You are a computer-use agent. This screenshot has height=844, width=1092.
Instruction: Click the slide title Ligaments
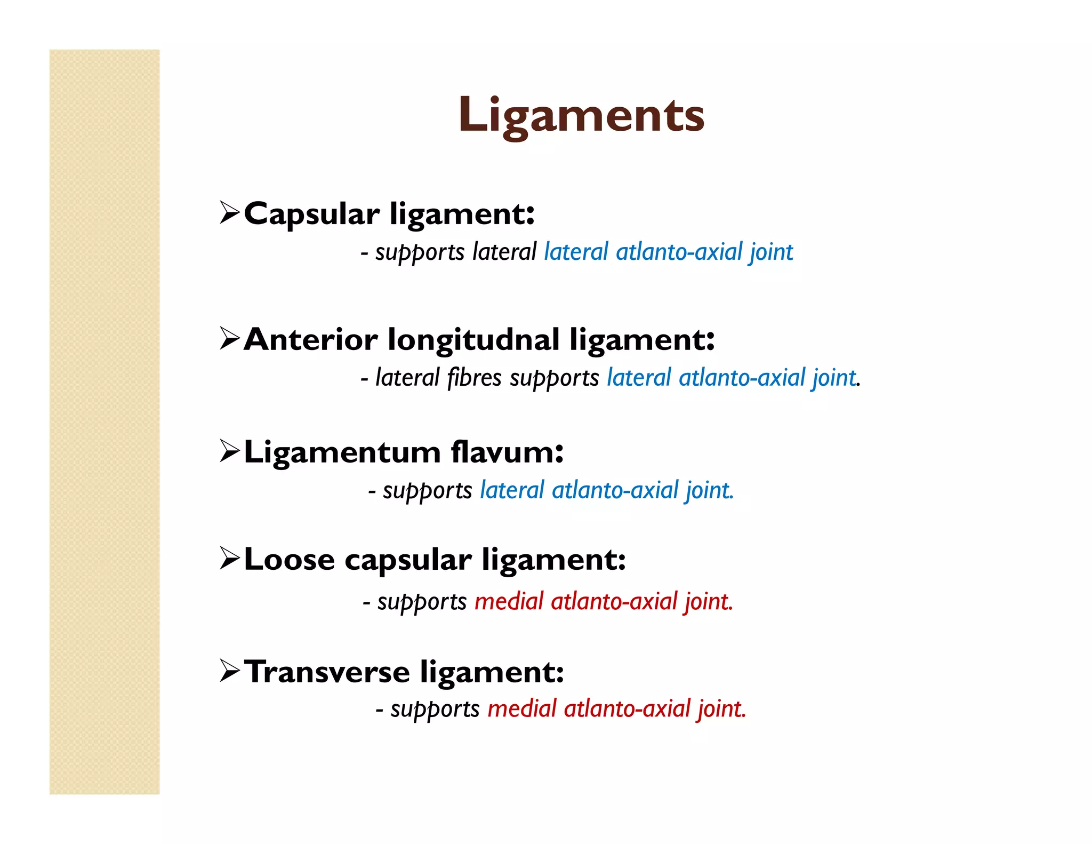(581, 115)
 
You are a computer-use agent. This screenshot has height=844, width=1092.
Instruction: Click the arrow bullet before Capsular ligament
(230, 213)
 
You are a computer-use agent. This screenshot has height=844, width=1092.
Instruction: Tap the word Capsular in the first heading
(311, 214)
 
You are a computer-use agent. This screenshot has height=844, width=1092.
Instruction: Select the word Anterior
(311, 339)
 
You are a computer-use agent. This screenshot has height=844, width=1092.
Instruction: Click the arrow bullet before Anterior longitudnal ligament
(230, 339)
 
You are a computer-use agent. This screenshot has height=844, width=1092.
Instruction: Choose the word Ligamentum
(342, 452)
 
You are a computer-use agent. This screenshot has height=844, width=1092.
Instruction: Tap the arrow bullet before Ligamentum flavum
(230, 452)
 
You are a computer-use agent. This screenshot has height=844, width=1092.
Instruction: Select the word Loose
(289, 560)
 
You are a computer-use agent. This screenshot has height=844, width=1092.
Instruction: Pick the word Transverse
(327, 672)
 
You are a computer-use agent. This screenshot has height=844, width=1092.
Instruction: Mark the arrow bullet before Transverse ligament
(230, 671)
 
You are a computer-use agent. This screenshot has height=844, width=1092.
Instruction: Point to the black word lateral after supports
(504, 252)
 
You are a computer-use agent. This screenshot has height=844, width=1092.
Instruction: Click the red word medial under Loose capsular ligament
(509, 602)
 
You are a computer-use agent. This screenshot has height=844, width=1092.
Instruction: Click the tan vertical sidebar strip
(105, 421)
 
